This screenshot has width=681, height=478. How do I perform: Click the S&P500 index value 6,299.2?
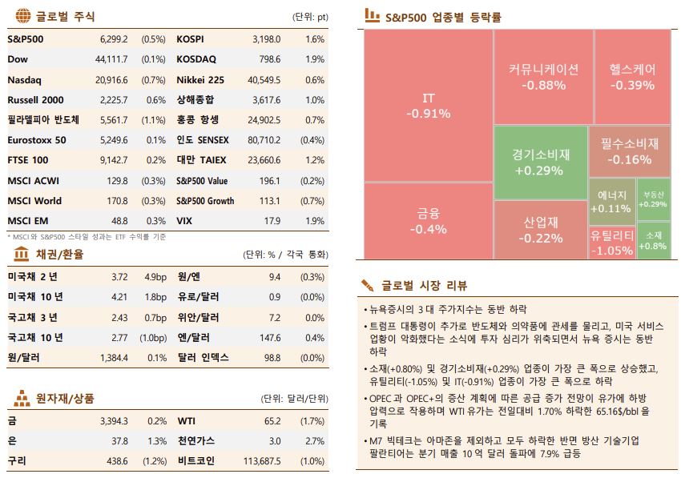(114, 39)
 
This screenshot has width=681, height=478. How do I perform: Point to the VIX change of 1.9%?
(315, 221)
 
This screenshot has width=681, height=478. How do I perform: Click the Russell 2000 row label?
(35, 100)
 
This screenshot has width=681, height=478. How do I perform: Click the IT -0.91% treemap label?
(428, 106)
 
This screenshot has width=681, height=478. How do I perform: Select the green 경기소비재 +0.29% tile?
(541, 163)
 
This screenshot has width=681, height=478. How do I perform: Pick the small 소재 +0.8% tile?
(654, 240)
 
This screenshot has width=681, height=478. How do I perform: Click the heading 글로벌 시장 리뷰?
(424, 286)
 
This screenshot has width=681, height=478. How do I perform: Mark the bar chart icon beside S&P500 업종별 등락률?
(372, 14)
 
